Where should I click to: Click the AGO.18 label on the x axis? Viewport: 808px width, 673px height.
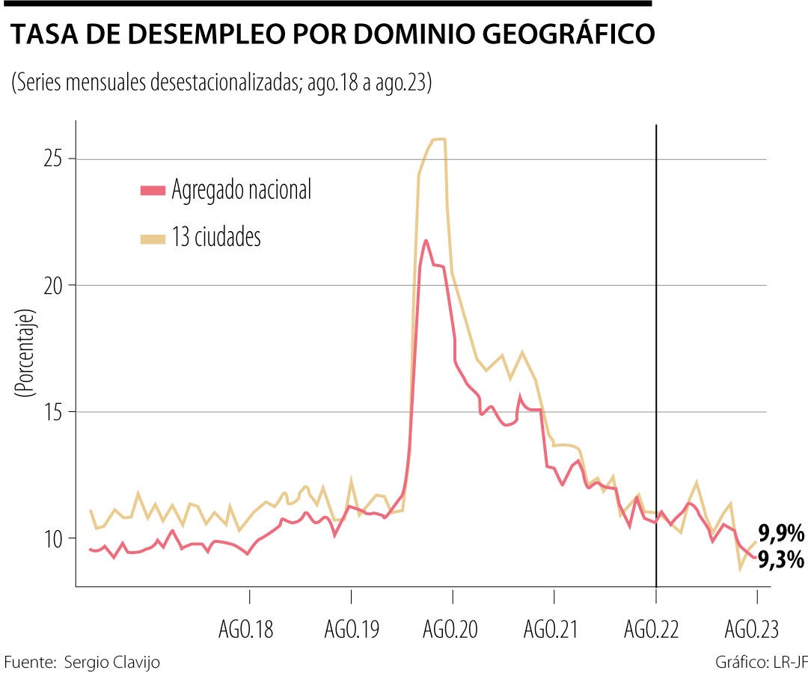tap(246, 630)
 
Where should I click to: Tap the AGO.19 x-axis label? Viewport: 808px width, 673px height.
tap(351, 630)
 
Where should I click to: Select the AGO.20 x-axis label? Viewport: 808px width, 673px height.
tap(451, 630)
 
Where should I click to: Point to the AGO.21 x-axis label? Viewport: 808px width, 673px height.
tap(552, 630)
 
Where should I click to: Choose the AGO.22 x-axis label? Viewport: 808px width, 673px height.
tap(652, 630)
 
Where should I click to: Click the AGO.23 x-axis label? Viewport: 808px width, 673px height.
tap(753, 630)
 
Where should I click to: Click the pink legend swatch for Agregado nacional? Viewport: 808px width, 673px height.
tap(152, 191)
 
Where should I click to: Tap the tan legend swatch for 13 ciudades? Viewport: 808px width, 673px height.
tap(152, 239)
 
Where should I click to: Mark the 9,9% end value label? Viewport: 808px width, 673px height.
tap(781, 534)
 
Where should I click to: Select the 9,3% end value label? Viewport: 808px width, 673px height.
tap(781, 559)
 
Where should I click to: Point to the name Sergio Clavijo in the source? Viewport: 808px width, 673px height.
tap(112, 663)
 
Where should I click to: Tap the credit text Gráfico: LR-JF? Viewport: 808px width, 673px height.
tap(761, 663)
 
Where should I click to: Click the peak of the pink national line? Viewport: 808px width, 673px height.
tap(426, 241)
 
